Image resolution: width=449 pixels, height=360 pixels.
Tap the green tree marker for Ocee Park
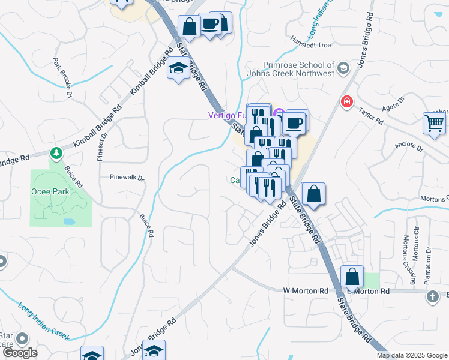tap(56, 153)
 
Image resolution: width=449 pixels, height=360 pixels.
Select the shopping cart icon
tap(434, 124)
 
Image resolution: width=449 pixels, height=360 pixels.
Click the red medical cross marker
tap(346, 102)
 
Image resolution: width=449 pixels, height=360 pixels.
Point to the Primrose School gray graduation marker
tap(343, 67)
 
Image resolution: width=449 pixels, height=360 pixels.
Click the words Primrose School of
tap(298, 65)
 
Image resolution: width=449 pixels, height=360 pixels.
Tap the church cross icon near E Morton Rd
tap(433, 296)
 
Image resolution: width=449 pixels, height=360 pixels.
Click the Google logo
tap(20, 353)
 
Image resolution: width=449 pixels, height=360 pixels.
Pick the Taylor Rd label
tap(371, 116)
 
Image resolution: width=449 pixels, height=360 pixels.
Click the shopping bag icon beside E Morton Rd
tap(352, 277)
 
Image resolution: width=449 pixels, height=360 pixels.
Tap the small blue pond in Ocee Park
tap(68, 221)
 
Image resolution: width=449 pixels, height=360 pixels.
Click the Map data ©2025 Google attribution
tap(412, 355)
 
